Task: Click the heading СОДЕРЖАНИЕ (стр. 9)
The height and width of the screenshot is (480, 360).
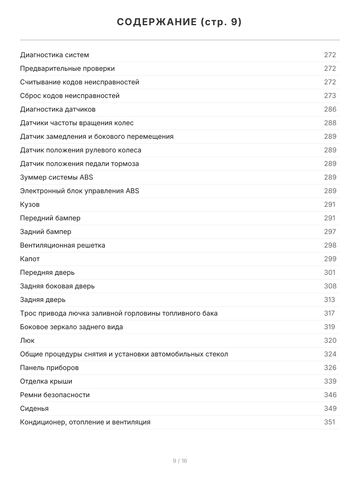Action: tap(180, 22)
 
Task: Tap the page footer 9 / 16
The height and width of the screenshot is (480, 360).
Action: tap(180, 461)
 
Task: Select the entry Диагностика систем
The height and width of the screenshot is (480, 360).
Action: tap(54, 55)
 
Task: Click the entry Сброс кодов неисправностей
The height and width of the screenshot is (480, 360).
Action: tap(70, 96)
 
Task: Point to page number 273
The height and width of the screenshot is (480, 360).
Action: tap(330, 96)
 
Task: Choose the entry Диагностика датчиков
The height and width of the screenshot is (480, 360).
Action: tap(58, 109)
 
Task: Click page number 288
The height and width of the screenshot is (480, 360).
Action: tap(330, 123)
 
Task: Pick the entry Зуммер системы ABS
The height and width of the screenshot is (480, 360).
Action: tap(56, 177)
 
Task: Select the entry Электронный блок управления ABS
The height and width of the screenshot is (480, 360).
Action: tap(80, 191)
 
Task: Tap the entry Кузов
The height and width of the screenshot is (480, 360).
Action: tap(30, 204)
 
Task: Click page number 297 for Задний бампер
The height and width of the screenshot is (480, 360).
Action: tap(330, 232)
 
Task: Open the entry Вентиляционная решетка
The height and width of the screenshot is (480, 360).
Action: tap(62, 245)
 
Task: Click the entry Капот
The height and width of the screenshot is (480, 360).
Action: tap(30, 259)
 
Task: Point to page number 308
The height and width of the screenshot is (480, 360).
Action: tap(330, 286)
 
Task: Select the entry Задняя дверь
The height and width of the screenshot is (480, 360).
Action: tap(43, 300)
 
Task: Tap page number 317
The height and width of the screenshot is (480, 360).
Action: tap(329, 313)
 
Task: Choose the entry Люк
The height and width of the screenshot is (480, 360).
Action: tap(27, 340)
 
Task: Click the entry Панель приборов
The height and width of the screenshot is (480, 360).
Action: tap(49, 368)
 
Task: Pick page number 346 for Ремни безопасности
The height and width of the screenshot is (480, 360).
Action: tap(330, 395)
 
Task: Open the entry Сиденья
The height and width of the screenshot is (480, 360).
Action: tap(34, 408)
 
